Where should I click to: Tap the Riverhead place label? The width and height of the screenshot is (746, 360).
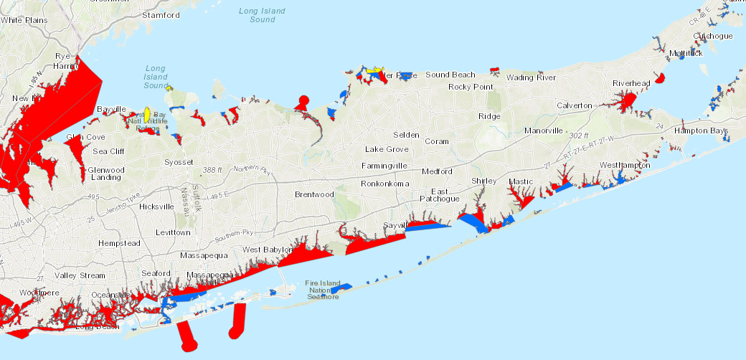[631, 83]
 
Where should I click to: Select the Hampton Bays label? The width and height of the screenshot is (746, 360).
[701, 131]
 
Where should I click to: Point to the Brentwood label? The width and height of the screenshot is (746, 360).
[314, 194]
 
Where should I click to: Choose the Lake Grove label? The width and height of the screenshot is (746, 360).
[387, 149]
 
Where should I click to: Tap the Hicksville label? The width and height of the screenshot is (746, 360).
[156, 207]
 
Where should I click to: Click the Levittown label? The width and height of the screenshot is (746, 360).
[174, 232]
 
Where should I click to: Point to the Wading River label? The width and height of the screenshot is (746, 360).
[530, 77]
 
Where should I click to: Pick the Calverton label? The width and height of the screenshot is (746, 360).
[575, 105]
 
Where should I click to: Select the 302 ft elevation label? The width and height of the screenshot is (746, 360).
[578, 135]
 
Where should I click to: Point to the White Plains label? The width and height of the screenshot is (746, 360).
[24, 20]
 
